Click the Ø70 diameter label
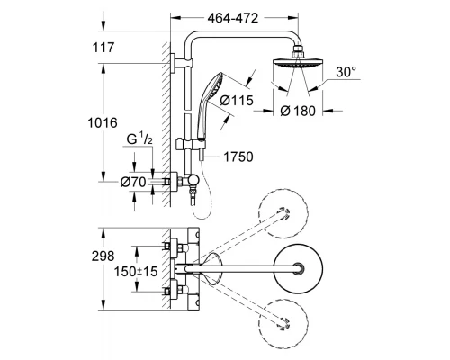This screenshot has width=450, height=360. coord(132,181)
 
